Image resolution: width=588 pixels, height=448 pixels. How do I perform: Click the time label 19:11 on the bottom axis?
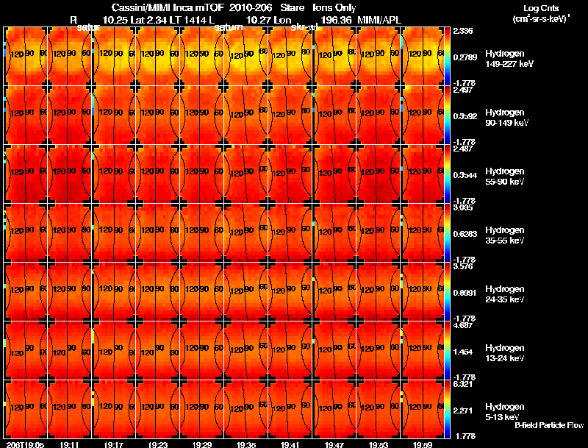tap(71, 444)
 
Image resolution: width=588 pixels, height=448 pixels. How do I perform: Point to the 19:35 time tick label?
tap(246, 444)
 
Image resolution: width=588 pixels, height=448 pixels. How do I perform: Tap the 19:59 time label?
tap(423, 444)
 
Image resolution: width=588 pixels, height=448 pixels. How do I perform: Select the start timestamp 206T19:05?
tap(25, 444)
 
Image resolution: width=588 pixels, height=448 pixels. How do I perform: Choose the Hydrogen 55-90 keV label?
tap(505, 176)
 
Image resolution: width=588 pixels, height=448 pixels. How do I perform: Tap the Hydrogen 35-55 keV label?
tap(505, 235)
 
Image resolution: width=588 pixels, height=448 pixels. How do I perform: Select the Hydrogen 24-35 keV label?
tap(505, 294)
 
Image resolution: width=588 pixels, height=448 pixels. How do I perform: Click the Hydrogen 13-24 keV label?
tap(505, 352)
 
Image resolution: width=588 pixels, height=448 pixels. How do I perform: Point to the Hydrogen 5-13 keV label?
tap(503, 411)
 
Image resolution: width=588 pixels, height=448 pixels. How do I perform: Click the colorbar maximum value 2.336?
tap(464, 31)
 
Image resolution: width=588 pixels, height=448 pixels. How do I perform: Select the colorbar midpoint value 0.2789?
tap(465, 57)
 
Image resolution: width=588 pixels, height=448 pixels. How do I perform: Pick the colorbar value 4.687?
tap(464, 325)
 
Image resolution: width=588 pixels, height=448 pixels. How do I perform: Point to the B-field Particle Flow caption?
tap(549, 425)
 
